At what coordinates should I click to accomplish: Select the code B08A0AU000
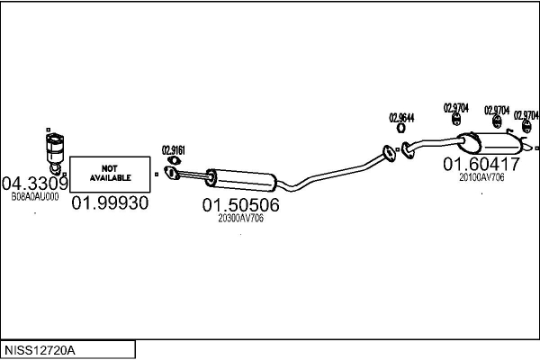tap(34, 196)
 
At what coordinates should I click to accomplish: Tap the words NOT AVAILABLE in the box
tap(110, 173)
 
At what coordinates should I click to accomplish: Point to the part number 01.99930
tap(110, 203)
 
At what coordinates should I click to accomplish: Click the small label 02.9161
tap(173, 149)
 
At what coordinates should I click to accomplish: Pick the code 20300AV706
tap(240, 219)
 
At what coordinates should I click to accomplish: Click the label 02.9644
tap(401, 118)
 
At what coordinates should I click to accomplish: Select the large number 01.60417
tap(481, 165)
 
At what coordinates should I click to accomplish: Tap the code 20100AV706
tap(481, 177)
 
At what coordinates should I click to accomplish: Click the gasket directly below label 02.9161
tap(173, 162)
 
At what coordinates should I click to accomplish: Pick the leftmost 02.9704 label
tap(456, 108)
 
